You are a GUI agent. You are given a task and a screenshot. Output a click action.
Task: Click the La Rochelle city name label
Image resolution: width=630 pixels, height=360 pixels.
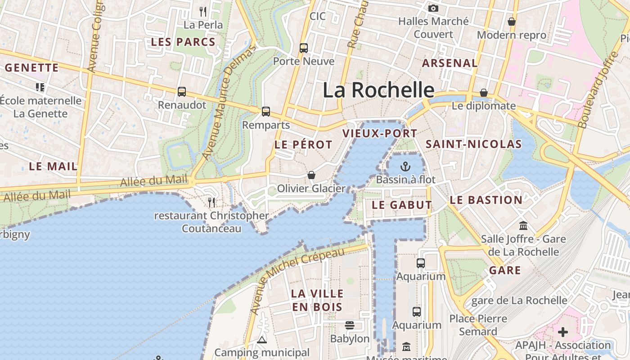click(x=378, y=90)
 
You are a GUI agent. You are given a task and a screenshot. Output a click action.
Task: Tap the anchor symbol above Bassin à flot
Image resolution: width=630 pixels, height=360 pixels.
click(x=406, y=166)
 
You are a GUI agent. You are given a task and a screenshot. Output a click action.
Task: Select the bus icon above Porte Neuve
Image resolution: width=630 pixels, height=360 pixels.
click(x=304, y=48)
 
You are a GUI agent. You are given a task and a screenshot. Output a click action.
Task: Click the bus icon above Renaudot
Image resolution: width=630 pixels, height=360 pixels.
click(x=182, y=92)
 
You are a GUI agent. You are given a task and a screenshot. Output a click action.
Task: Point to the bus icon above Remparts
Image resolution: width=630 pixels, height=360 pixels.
click(x=266, y=111)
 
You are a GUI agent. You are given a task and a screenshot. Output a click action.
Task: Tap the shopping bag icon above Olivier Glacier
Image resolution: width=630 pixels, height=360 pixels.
click(x=311, y=175)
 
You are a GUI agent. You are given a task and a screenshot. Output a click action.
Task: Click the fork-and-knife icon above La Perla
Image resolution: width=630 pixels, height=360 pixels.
click(x=203, y=11)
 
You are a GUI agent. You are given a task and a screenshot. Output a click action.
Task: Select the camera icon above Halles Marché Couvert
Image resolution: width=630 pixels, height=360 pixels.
click(x=433, y=8)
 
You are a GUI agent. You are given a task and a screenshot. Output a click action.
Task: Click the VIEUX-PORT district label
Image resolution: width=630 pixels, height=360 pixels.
click(x=380, y=134)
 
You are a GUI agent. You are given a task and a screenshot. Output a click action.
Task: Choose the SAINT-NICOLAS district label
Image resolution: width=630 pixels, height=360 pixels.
click(x=473, y=144)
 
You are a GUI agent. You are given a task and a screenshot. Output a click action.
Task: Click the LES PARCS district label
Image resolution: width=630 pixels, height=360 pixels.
click(x=183, y=42)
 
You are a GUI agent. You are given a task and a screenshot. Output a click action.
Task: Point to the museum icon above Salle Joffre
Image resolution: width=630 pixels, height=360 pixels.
click(x=523, y=225)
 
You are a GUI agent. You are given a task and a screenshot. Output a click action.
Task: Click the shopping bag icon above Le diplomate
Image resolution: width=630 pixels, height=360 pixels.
click(x=484, y=93)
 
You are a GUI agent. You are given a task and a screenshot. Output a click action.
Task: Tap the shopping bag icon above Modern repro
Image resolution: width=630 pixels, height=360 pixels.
click(x=512, y=22)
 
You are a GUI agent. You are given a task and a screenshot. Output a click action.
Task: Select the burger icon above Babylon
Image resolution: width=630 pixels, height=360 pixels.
click(x=350, y=325)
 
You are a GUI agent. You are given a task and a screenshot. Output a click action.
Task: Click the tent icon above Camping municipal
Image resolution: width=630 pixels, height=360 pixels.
click(x=262, y=340)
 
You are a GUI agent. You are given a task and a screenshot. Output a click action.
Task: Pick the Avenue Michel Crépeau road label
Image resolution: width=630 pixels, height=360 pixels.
click(x=297, y=279)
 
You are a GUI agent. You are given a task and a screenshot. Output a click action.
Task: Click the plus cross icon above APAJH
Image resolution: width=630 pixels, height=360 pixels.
click(x=563, y=332)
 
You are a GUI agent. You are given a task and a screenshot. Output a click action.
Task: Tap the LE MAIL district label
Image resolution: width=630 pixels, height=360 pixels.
click(x=53, y=166)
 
